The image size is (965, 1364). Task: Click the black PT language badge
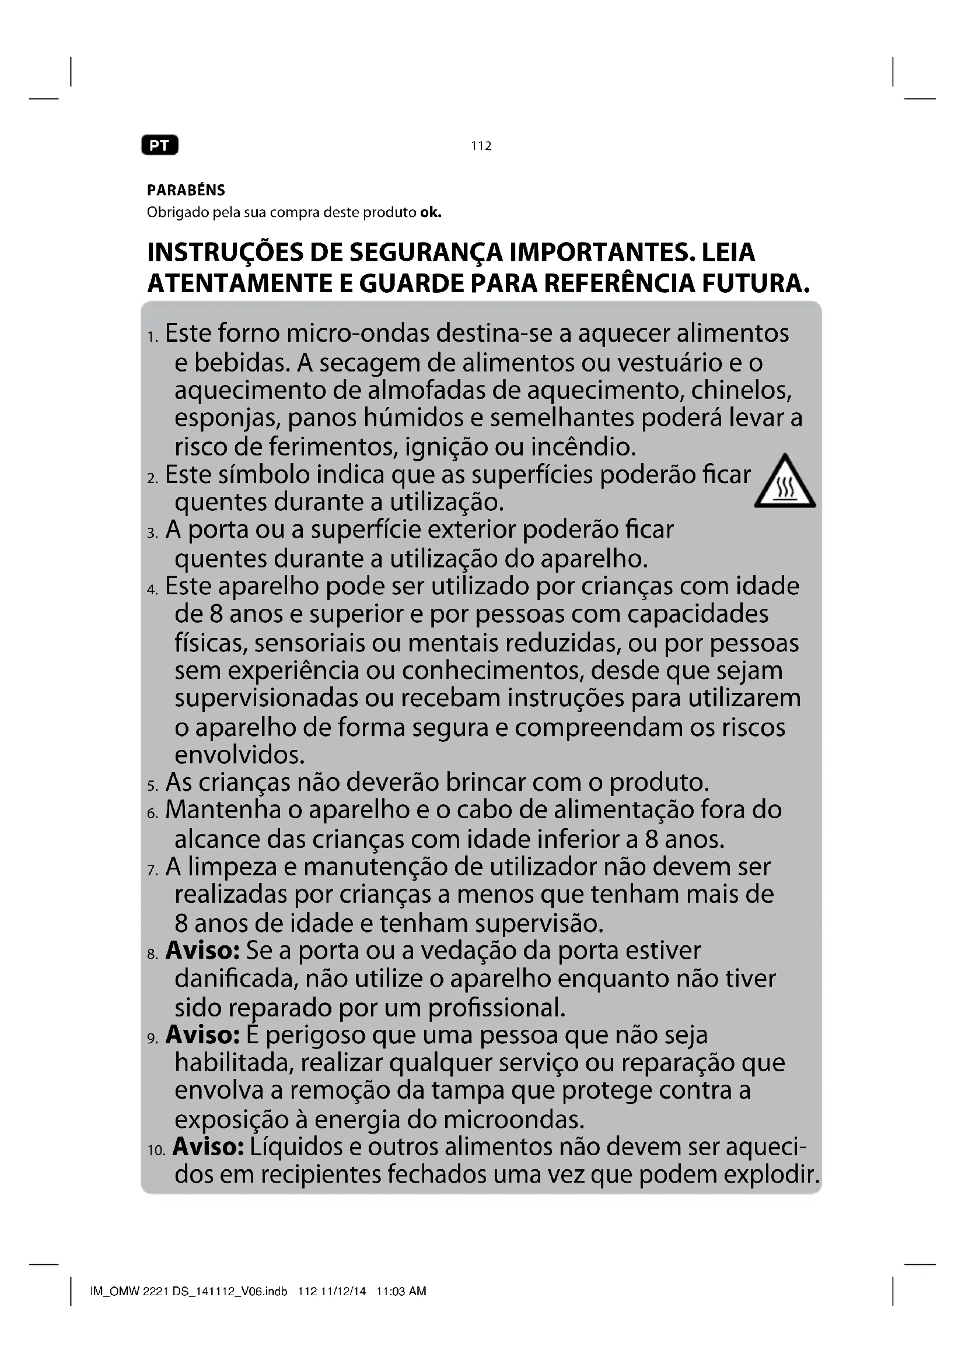click(159, 146)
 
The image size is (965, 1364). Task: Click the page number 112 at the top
click(481, 146)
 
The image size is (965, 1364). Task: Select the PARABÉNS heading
click(186, 190)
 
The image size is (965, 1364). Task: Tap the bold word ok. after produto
click(431, 212)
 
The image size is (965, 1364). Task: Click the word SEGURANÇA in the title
click(425, 252)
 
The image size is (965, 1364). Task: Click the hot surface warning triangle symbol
click(785, 483)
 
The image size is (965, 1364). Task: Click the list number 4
click(152, 590)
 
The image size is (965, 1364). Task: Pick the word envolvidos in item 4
click(239, 755)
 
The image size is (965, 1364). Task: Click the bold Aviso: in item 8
click(202, 951)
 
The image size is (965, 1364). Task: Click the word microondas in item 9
click(513, 1119)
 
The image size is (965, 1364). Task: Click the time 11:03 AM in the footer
click(401, 1291)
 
